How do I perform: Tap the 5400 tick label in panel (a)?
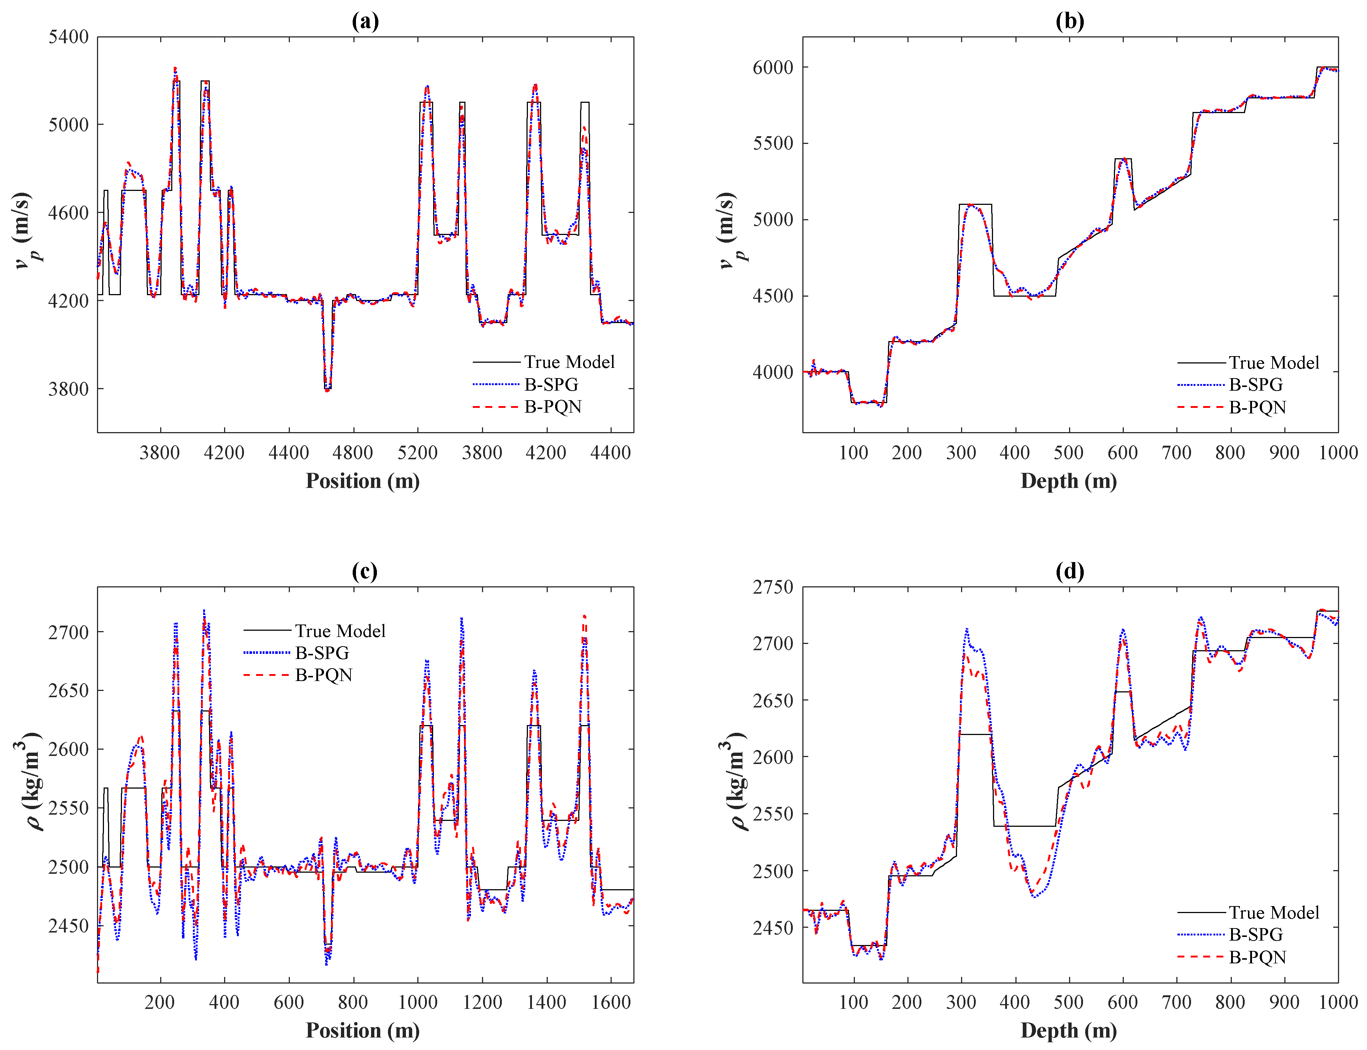[68, 37]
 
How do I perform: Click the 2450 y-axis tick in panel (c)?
[68, 926]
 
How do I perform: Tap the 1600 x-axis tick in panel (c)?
[610, 1003]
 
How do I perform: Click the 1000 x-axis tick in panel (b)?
[1338, 453]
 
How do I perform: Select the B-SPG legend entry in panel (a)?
[550, 384]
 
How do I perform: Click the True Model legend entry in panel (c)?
[339, 631]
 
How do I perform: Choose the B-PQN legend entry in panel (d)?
[1257, 957]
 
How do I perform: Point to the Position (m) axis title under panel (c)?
[362, 1031]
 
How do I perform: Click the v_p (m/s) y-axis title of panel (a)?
[25, 231]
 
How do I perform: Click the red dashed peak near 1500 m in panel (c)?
[584, 618]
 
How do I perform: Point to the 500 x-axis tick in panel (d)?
[1068, 1003]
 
